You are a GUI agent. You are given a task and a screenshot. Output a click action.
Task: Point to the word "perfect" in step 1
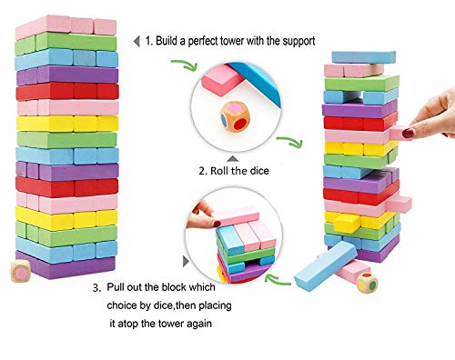[227, 40]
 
